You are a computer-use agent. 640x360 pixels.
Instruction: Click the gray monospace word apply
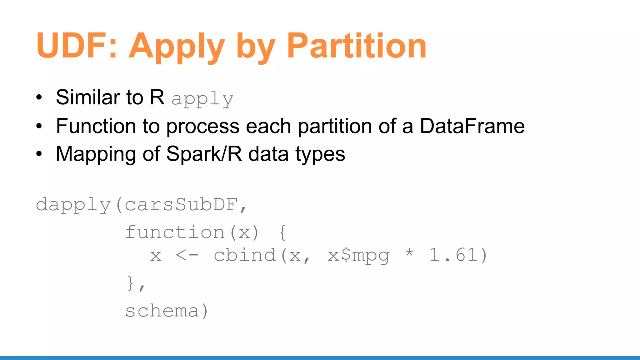click(202, 99)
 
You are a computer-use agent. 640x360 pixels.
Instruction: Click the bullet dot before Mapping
click(39, 154)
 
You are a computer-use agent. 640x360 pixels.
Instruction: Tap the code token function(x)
click(192, 232)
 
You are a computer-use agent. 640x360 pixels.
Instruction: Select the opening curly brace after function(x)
click(282, 232)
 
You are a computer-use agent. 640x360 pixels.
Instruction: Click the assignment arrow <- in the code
click(187, 255)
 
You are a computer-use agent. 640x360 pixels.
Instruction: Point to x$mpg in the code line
click(358, 256)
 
